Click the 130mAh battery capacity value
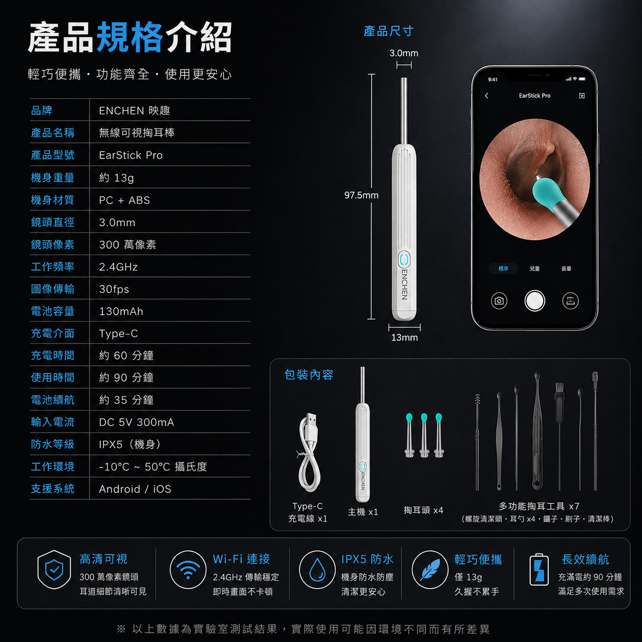click(x=121, y=311)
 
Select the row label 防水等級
click(x=53, y=444)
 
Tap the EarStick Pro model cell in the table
click(x=131, y=155)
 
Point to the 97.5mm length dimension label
click(x=361, y=195)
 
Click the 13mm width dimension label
click(x=404, y=337)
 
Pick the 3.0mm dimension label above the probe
click(x=404, y=53)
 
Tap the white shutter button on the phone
click(x=534, y=301)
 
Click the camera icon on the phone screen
click(x=499, y=301)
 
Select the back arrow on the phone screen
click(x=486, y=96)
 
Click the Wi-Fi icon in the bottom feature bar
click(x=188, y=570)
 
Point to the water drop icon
click(x=317, y=570)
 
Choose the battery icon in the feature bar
click(x=539, y=569)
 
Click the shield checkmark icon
click(x=54, y=569)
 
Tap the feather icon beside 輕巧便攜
click(x=430, y=570)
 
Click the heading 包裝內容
click(x=309, y=375)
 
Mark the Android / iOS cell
click(x=135, y=489)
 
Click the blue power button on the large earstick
click(x=404, y=260)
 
